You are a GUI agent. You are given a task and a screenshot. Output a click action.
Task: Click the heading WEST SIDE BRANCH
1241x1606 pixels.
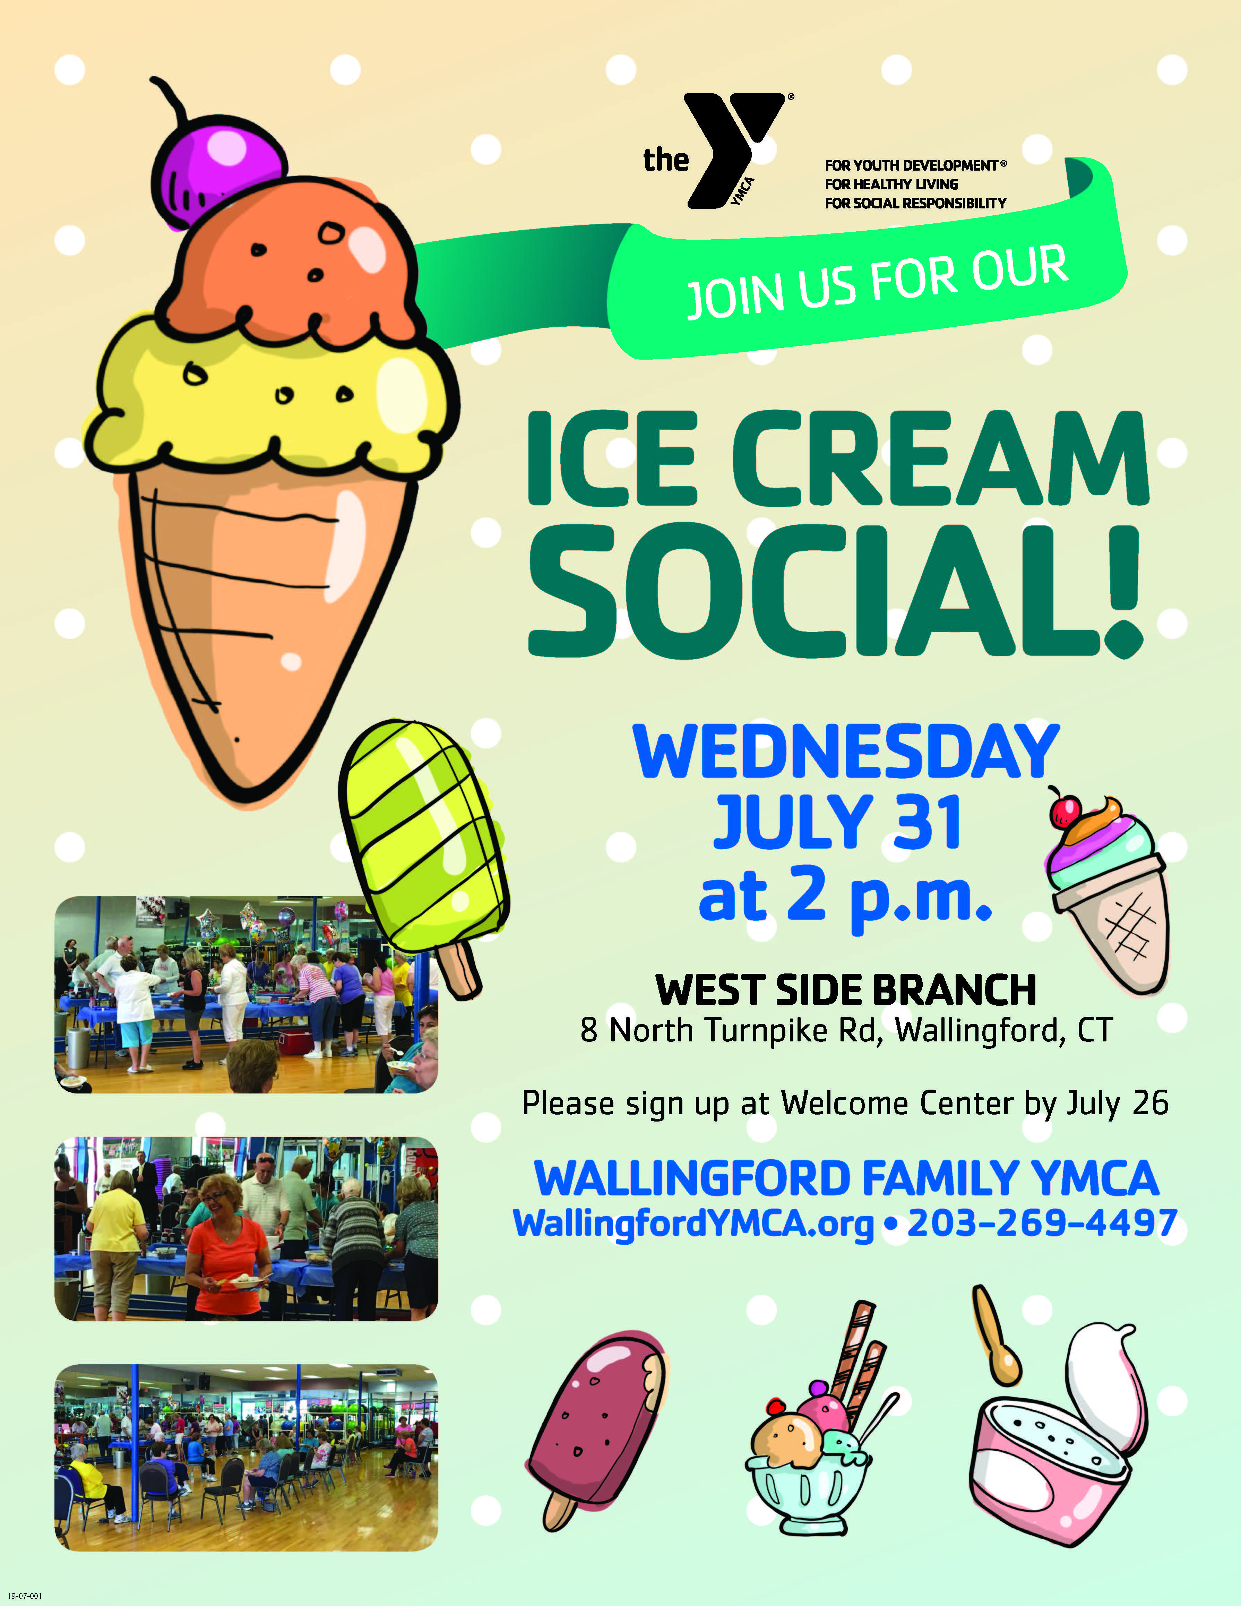coord(845,990)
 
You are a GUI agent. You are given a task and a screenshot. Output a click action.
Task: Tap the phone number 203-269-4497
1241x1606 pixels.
coord(1043,1223)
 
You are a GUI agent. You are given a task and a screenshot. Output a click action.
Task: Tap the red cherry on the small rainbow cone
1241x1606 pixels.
coord(1065,810)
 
